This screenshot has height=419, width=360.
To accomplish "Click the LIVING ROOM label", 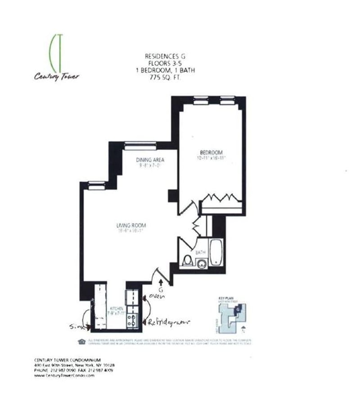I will pos(131,225).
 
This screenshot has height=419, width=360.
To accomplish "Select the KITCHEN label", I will pos(116,309).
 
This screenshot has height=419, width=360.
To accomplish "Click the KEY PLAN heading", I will pos(225,298).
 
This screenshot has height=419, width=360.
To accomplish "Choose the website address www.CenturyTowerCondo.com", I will pos(64,375).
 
